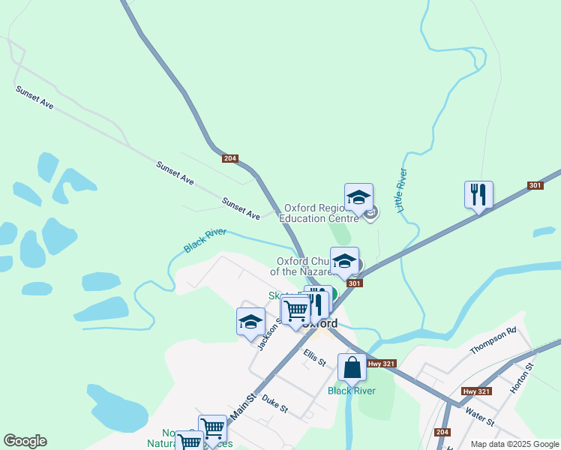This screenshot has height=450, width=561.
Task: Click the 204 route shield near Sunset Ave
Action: click(x=230, y=158)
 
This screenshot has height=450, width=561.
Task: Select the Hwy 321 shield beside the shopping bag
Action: click(x=376, y=364)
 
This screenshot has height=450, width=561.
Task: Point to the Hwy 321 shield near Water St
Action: click(x=476, y=391)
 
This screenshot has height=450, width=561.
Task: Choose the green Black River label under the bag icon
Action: click(x=350, y=390)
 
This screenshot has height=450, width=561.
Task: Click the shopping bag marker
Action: click(x=352, y=368)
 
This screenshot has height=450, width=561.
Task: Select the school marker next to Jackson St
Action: click(x=250, y=322)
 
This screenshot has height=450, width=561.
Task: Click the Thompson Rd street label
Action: click(x=493, y=340)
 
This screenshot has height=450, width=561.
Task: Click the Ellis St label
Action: click(x=314, y=357)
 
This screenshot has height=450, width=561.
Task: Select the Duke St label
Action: click(x=274, y=404)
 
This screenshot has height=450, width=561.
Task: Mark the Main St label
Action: click(x=243, y=409)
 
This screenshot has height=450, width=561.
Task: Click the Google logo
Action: click(x=25, y=441)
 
